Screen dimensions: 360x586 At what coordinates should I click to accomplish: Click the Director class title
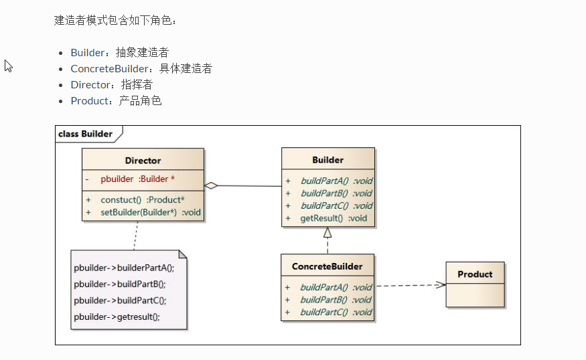143,161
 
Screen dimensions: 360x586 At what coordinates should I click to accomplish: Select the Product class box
475,284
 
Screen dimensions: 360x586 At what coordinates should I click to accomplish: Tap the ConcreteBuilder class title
327,266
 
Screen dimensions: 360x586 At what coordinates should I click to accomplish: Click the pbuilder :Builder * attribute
137,179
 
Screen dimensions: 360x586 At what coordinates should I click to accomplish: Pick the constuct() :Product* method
143,200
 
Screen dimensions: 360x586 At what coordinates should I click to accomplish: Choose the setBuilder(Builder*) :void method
151,213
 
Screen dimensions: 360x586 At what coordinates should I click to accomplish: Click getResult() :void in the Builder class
334,218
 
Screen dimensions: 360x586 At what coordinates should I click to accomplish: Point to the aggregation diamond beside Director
212,185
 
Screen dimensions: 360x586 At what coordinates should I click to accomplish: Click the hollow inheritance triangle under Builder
327,233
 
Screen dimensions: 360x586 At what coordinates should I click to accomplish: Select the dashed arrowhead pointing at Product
441,285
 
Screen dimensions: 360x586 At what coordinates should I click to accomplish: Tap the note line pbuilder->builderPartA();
124,268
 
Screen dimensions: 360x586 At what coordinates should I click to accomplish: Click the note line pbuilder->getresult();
117,317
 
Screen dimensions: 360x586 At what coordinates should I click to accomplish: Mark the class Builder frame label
86,134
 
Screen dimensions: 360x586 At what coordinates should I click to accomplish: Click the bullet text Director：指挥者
111,84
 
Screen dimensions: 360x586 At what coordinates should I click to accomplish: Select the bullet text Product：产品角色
116,100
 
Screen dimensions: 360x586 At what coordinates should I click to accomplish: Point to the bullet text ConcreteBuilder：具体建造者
141,68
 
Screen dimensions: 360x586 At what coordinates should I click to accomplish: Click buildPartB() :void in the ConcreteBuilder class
336,300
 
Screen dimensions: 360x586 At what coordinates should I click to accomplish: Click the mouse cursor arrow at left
9,66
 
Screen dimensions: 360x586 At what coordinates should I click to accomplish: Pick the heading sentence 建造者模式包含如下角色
115,20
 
